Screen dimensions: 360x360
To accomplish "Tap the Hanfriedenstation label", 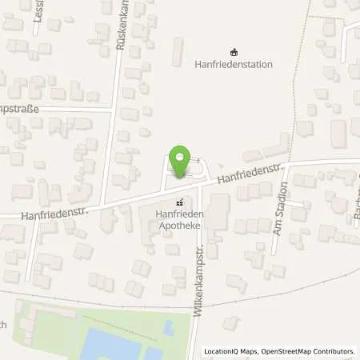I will (x=234, y=64).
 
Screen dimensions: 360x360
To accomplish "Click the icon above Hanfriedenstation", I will (x=234, y=50).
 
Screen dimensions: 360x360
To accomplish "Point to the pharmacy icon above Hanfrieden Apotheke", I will (x=180, y=202).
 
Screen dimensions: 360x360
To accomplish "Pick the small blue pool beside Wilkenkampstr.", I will (x=167, y=327).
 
